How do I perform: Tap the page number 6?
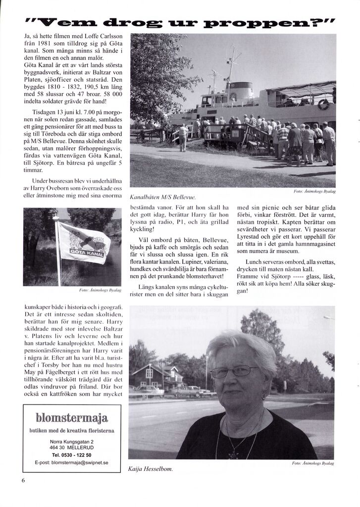pyautogui.click(x=23, y=480)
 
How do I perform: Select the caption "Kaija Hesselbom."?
pyautogui.click(x=150, y=468)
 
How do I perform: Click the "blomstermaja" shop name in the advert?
pyautogui.click(x=72, y=417)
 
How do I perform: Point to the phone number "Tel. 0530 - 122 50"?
pyautogui.click(x=71, y=454)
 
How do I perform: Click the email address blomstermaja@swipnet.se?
pyautogui.click(x=72, y=462)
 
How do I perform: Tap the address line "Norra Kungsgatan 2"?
pyautogui.click(x=71, y=441)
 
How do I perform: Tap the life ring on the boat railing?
pyautogui.click(x=323, y=104)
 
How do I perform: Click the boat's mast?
pyautogui.click(x=231, y=64)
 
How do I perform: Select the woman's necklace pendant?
pyautogui.click(x=232, y=454)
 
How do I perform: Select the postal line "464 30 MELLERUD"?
pyautogui.click(x=71, y=447)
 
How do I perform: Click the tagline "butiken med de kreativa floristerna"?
pyautogui.click(x=72, y=430)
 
